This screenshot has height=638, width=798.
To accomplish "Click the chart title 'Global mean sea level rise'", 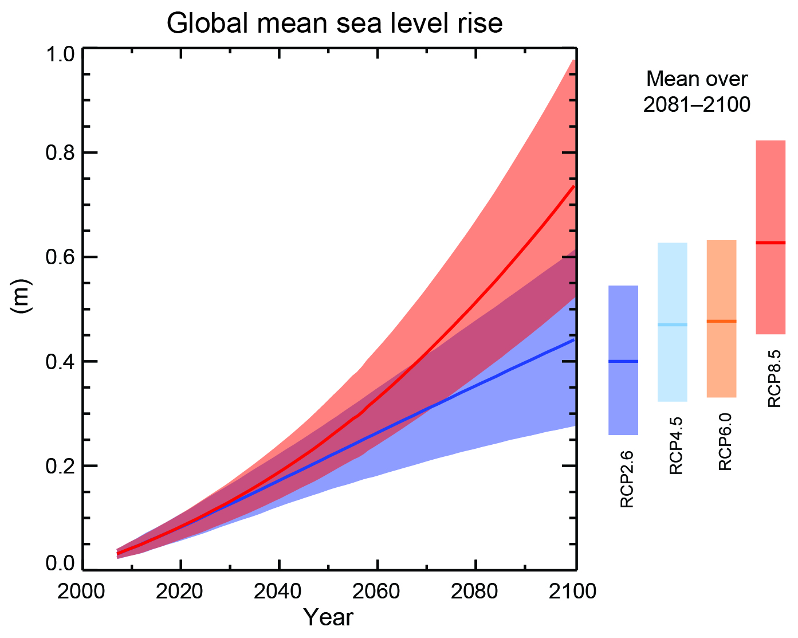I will [x=335, y=24].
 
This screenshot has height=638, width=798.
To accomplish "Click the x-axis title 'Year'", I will [x=328, y=617].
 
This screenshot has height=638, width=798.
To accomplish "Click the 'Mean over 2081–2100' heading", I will [x=697, y=92].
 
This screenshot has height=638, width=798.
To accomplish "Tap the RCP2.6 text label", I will [x=627, y=479].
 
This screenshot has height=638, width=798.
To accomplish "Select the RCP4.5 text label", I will [x=677, y=446].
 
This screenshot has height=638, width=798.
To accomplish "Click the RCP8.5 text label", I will [x=775, y=379].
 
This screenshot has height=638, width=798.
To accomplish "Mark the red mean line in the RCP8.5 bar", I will [x=771, y=243].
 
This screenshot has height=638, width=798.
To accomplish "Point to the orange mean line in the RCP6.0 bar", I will [x=721, y=321].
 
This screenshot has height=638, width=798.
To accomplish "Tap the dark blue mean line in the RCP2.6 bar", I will [x=623, y=361].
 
